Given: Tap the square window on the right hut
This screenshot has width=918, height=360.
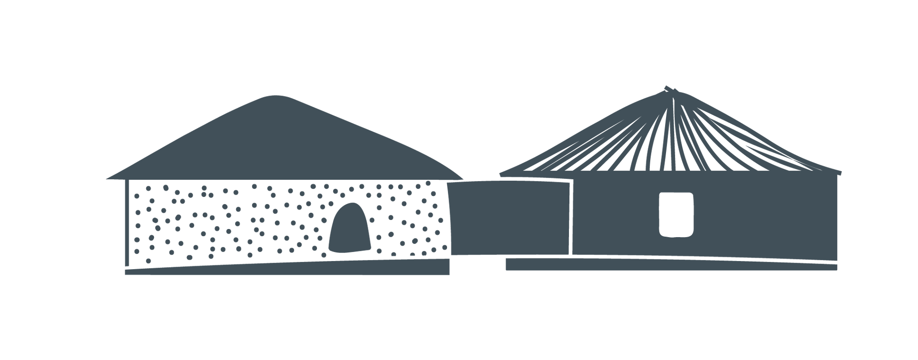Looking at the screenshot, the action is pos(676,214).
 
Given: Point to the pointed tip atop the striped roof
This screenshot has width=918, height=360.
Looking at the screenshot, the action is pos(666,88).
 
